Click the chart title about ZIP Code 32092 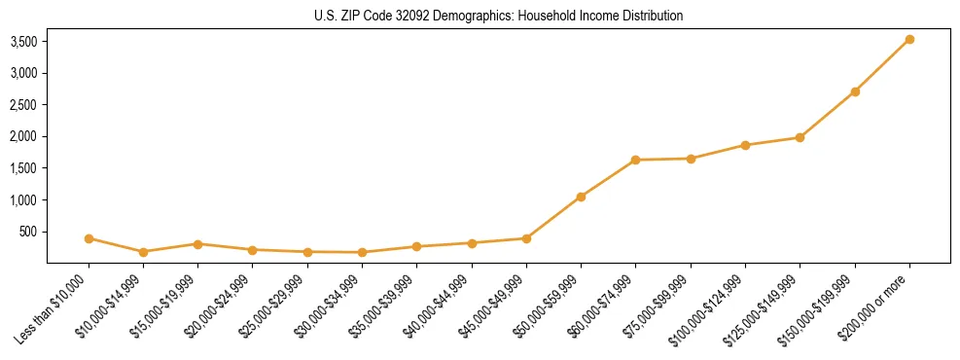point(498,17)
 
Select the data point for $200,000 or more point(909,40)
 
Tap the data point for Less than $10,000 point(89,238)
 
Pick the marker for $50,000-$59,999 point(581,197)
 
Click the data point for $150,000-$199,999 point(855,91)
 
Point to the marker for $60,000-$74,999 point(635,160)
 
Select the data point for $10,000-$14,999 point(143,252)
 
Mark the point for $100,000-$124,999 point(745,145)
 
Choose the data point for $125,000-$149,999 point(800,137)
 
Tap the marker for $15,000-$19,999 point(197,244)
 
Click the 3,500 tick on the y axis point(23,42)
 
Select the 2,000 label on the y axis point(23,137)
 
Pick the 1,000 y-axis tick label point(23,200)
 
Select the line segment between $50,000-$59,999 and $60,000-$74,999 point(608,178)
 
